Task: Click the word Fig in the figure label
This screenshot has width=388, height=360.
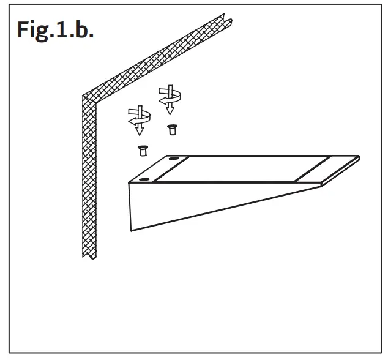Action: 33,31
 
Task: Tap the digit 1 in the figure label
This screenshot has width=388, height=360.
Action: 61,29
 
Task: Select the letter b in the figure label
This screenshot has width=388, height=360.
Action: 82,29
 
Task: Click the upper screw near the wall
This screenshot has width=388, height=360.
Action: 172,130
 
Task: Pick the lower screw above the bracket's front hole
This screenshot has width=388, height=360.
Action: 143,151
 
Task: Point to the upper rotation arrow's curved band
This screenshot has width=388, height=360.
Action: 170,97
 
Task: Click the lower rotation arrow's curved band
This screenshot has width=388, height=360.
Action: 140,117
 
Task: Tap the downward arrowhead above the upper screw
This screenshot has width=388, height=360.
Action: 170,110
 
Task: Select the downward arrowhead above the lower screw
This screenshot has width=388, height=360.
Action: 140,131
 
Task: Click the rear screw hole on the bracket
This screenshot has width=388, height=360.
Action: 174,158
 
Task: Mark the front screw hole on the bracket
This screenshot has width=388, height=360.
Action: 144,179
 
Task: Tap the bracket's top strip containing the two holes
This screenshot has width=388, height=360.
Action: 160,169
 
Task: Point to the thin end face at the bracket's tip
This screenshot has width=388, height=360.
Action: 340,171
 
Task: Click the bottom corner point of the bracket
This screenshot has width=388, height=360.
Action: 131,231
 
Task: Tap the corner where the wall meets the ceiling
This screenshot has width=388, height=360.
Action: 83,96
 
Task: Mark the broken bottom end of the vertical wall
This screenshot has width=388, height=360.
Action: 89,257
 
